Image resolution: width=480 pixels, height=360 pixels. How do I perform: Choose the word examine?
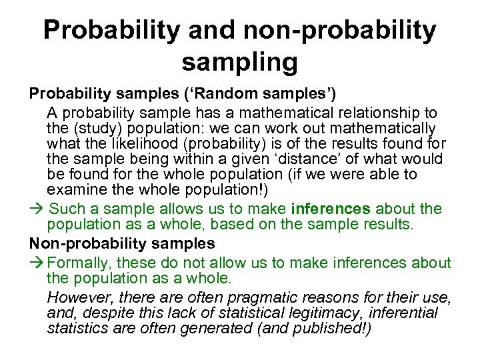[74, 190]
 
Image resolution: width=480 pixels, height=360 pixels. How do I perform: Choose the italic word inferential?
[404, 312]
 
